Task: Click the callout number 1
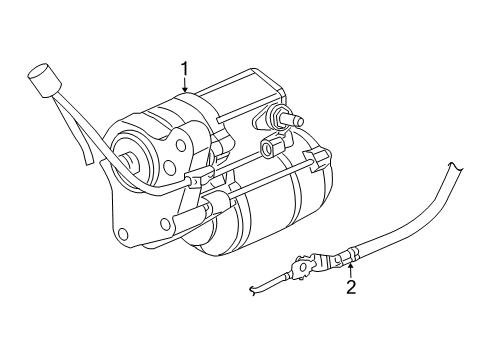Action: click(185, 68)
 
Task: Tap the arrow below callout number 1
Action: click(185, 87)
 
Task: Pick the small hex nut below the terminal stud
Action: click(268, 150)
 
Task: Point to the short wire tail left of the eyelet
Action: click(261, 288)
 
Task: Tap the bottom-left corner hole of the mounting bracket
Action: click(124, 236)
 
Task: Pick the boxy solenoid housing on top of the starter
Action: click(240, 100)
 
